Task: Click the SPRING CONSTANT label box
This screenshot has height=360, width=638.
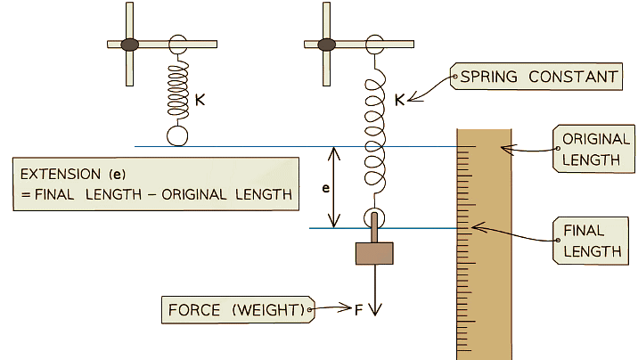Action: (x=536, y=77)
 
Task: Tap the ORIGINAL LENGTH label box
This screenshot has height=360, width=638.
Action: (x=594, y=149)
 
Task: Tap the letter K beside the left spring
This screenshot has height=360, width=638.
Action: (x=200, y=100)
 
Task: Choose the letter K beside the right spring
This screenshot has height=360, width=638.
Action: (x=398, y=100)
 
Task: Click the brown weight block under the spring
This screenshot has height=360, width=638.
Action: (x=374, y=254)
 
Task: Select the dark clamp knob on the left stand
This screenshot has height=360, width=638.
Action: (x=129, y=43)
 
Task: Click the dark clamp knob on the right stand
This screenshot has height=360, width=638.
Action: (x=326, y=43)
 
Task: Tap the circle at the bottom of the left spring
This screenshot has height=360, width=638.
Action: (x=177, y=135)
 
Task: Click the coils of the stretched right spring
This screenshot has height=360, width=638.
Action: (x=374, y=134)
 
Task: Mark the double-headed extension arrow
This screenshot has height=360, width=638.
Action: (x=333, y=188)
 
